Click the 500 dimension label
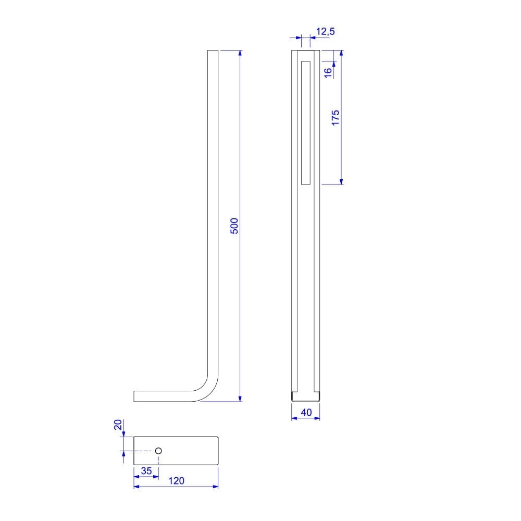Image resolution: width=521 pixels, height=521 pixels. pos(234,226)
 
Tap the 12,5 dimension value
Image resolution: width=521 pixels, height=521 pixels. pos(325,32)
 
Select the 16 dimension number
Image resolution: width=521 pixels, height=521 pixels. pos(328,73)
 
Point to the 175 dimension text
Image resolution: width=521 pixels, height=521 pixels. pos(336,118)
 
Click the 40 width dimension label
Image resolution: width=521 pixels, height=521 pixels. pos(306,412)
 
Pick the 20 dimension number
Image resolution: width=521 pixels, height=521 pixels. pos(118,425)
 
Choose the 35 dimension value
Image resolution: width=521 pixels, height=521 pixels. pos(146,471)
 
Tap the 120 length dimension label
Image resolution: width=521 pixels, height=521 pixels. pos(176,481)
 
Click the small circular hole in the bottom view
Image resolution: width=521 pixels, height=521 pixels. pos(158,451)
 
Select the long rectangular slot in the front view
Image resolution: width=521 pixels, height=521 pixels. pos(306,123)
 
